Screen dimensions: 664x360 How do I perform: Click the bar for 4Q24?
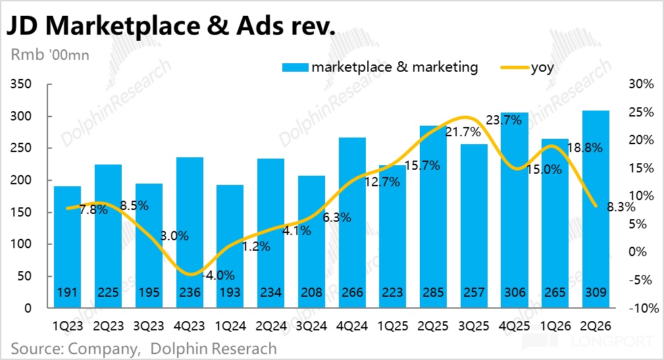pyautogui.click(x=352, y=222)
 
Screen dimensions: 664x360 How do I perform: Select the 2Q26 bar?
pyautogui.click(x=596, y=209)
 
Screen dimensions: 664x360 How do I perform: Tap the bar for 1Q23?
pyautogui.click(x=67, y=247)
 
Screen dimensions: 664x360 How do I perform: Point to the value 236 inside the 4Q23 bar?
pyautogui.click(x=190, y=292)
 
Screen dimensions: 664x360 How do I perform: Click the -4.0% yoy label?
pyautogui.click(x=218, y=275)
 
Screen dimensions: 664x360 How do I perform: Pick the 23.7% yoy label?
pyautogui.click(x=503, y=120)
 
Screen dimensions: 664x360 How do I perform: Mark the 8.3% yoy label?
pyautogui.click(x=621, y=207)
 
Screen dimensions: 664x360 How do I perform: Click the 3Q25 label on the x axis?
pyautogui.click(x=474, y=326)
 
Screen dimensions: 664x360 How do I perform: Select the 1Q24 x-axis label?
pyautogui.click(x=230, y=326)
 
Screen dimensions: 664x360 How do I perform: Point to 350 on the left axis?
pyautogui.click(x=21, y=84)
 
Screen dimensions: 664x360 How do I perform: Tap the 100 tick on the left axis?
pyautogui.click(x=21, y=244)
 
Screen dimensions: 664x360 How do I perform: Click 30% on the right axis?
pyautogui.click(x=641, y=84)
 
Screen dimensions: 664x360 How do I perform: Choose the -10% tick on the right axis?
pyautogui.click(x=644, y=308)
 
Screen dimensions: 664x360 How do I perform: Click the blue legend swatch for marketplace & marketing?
pyautogui.click(x=295, y=67)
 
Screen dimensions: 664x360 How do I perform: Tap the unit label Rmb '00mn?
pyautogui.click(x=50, y=55)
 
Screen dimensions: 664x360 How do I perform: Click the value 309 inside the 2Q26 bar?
pyautogui.click(x=596, y=292)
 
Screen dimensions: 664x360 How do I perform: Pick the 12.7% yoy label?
pyautogui.click(x=382, y=182)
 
